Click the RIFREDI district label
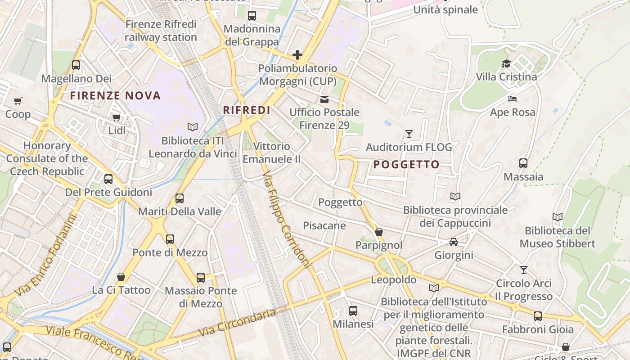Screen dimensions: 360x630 click(247, 110)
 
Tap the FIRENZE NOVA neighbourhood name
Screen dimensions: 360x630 click(116, 95)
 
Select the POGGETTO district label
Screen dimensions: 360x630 click(406, 165)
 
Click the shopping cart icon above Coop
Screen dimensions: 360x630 click(18, 101)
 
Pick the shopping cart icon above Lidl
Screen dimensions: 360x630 click(117, 117)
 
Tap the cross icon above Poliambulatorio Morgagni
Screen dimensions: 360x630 click(297, 55)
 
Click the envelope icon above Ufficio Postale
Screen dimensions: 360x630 click(324, 99)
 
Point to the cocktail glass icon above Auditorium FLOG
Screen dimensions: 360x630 click(409, 134)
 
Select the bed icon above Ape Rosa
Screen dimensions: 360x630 click(513, 99)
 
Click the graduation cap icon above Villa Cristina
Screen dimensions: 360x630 click(506, 63)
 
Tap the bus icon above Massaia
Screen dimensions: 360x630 click(523, 163)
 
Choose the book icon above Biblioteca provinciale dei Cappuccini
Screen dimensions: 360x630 click(455, 197)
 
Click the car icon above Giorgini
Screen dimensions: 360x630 click(453, 242)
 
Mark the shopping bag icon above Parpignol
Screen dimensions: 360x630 click(379, 232)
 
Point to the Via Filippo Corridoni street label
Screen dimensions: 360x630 click(286, 219)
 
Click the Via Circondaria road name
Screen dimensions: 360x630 click(237, 322)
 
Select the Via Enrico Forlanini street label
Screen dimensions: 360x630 click(46, 255)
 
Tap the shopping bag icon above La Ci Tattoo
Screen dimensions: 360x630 click(121, 276)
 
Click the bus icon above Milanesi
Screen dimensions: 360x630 click(353, 310)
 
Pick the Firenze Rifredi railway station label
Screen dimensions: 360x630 click(161, 31)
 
